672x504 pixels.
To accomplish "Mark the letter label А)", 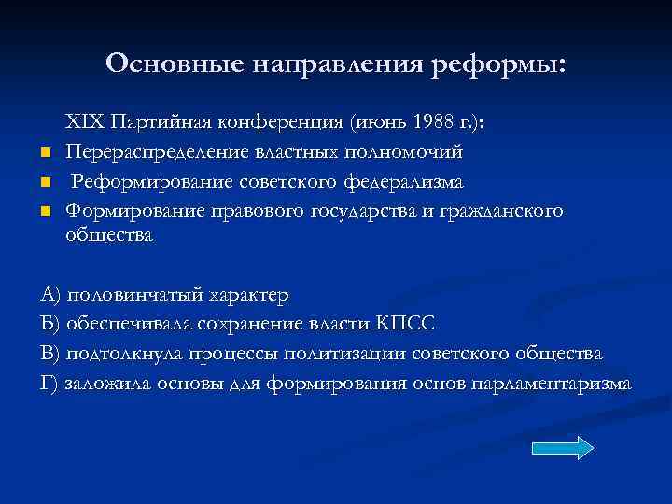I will [50, 295].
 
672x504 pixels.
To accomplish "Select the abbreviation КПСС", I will [405, 324].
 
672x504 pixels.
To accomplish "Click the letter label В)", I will [50, 354].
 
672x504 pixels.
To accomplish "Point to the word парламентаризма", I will [551, 383].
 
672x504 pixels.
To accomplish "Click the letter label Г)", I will [49, 383].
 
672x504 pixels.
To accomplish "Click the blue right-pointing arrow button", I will [562, 448].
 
